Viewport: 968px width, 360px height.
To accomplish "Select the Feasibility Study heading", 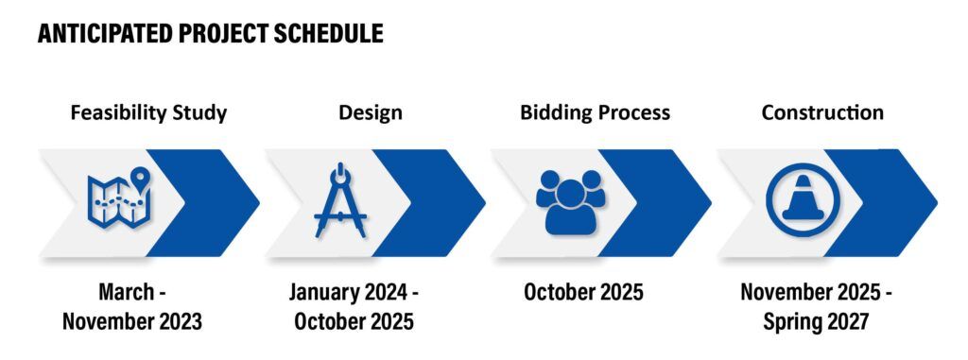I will coord(148,112).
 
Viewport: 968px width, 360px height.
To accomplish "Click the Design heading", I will coord(371,112).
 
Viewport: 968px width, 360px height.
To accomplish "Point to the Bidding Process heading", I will coord(595,112).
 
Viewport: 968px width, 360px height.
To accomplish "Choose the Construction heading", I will coord(822,112).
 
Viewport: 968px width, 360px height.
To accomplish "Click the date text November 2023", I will coord(132,321).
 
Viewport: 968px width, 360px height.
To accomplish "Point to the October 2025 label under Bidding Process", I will coord(583,292).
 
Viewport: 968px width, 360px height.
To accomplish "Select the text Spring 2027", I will coord(816,321).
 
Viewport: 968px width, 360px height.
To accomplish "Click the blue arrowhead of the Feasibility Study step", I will coord(213,202).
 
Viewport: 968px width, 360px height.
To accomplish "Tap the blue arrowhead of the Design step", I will coord(439,202).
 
